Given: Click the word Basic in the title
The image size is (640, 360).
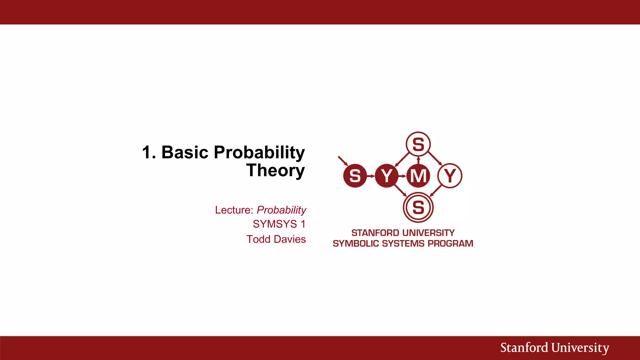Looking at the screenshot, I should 184,152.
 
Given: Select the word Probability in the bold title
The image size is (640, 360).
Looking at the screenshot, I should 259,152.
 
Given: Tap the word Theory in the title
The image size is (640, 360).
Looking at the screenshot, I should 275,171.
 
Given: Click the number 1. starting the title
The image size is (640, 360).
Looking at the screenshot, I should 149,152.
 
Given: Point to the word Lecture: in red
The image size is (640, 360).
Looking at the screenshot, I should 234,210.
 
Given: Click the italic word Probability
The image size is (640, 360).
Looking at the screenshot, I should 281,210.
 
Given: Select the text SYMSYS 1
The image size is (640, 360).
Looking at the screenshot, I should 279,224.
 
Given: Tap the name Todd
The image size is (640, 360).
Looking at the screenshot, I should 258,239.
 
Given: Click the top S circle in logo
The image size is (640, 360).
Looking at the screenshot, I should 418,144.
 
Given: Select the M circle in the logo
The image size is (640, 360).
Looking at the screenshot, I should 418,176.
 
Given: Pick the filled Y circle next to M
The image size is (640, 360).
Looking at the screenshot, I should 387,176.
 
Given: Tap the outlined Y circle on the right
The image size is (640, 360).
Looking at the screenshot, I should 450,176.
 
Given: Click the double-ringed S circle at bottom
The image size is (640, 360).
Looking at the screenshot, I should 418,207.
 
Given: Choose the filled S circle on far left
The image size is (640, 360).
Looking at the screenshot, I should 355,176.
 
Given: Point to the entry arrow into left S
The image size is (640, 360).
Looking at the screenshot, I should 343,161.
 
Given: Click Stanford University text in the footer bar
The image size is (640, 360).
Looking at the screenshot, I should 554,348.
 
